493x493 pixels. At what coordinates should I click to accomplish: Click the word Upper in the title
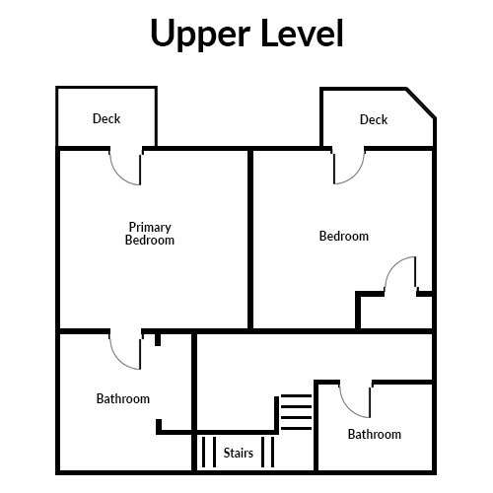[200, 35]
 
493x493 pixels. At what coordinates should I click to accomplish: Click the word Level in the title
[303, 33]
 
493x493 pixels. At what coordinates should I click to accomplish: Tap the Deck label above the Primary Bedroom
[106, 118]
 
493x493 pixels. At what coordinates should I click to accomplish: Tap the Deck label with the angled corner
[374, 119]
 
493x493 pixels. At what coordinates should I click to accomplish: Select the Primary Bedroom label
[150, 234]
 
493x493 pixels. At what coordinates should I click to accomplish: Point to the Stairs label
[239, 453]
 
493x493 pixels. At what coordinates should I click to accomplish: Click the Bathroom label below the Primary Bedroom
[123, 398]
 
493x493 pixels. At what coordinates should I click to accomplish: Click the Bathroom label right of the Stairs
[375, 434]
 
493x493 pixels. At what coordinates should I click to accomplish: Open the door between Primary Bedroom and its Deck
[125, 168]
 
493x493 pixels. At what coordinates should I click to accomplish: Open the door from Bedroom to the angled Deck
[349, 167]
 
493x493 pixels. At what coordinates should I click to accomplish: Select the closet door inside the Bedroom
[400, 274]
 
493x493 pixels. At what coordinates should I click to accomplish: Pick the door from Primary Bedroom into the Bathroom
[125, 352]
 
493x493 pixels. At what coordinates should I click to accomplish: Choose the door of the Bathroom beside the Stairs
[355, 400]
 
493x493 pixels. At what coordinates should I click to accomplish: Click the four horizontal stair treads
[297, 412]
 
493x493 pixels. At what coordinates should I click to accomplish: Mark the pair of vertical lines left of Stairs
[209, 452]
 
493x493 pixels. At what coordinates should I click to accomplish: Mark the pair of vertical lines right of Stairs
[267, 452]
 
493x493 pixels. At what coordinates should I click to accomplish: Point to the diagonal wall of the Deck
[421, 104]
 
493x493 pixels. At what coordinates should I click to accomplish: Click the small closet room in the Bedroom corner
[396, 313]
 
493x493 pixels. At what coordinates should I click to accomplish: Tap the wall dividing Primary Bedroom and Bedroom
[250, 240]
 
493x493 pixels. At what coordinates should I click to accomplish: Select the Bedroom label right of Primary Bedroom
[344, 236]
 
